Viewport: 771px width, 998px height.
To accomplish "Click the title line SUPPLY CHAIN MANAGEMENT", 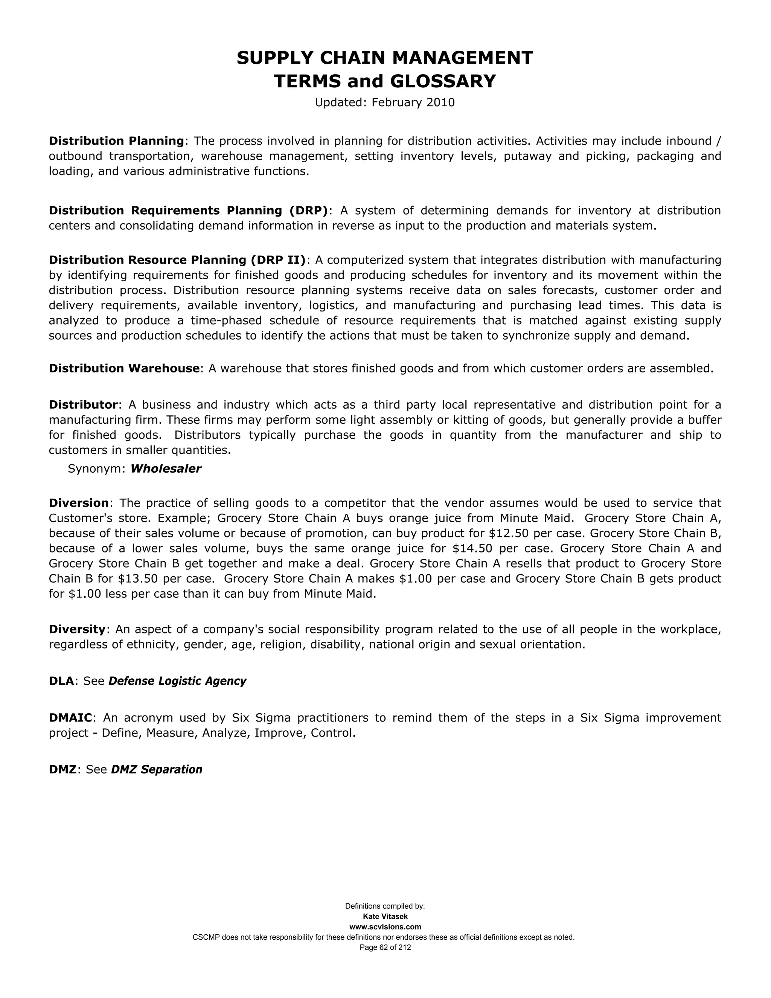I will (x=385, y=58).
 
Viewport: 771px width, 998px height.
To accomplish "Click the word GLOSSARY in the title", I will (x=443, y=81).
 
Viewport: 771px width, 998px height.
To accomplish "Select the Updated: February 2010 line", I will (x=385, y=102).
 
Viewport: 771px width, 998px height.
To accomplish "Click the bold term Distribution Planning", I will (x=116, y=141).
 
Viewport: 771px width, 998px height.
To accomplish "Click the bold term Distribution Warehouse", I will (x=124, y=368).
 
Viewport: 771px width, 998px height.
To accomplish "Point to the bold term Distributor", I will (x=84, y=405).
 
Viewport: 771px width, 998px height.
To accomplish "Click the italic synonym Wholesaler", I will (x=165, y=469).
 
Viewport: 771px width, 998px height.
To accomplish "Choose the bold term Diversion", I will (x=79, y=503).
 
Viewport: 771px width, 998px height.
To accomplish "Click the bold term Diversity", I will (x=77, y=629).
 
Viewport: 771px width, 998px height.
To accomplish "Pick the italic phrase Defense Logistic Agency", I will (x=177, y=681).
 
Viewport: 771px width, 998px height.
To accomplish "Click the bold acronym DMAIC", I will (x=71, y=718).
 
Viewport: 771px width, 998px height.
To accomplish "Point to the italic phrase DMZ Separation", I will (x=156, y=769).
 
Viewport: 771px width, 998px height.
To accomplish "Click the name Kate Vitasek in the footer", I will (x=385, y=917).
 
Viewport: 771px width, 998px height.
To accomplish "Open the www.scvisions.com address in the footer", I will (x=385, y=927).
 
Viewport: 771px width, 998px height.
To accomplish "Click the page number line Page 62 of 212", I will (x=385, y=947).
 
